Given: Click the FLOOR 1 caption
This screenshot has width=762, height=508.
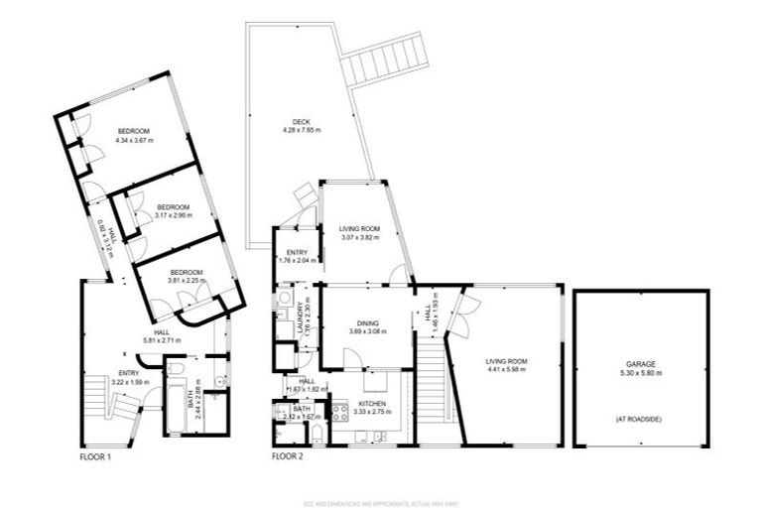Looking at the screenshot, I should point(95,457).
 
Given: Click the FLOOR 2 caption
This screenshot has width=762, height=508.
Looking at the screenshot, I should point(288,457).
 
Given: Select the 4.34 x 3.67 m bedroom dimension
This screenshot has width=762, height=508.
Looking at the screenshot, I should point(135,141).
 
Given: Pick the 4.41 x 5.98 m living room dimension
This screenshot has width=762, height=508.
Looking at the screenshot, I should point(506,370).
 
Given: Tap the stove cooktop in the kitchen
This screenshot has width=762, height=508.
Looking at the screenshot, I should point(338,415).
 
